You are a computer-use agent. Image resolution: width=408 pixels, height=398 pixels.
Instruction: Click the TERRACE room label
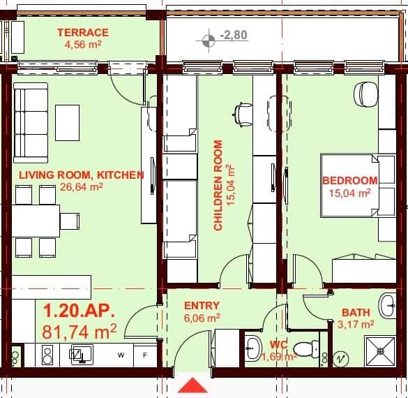pyautogui.click(x=82, y=32)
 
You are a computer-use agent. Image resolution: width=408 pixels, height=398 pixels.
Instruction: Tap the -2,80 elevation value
pyautogui.click(x=232, y=35)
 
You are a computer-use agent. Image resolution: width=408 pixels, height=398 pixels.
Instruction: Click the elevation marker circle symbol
pyautogui.click(x=207, y=40)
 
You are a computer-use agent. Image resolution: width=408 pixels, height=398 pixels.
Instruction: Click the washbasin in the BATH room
pyautogui.click(x=388, y=305)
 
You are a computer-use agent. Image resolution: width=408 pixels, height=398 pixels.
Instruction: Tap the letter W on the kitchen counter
pyautogui.click(x=121, y=355)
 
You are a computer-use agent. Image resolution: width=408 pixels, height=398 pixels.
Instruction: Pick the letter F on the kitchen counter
pyautogui.click(x=145, y=355)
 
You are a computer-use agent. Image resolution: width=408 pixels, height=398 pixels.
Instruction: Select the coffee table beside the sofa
pyautogui.click(x=68, y=123)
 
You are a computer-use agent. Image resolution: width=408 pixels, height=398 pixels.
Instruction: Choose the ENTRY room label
pyautogui.click(x=202, y=305)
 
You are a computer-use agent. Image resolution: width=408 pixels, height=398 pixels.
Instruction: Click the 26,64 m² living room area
pyautogui.click(x=81, y=186)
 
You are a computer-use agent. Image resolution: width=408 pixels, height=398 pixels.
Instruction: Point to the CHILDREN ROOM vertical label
pyautogui.click(x=218, y=185)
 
